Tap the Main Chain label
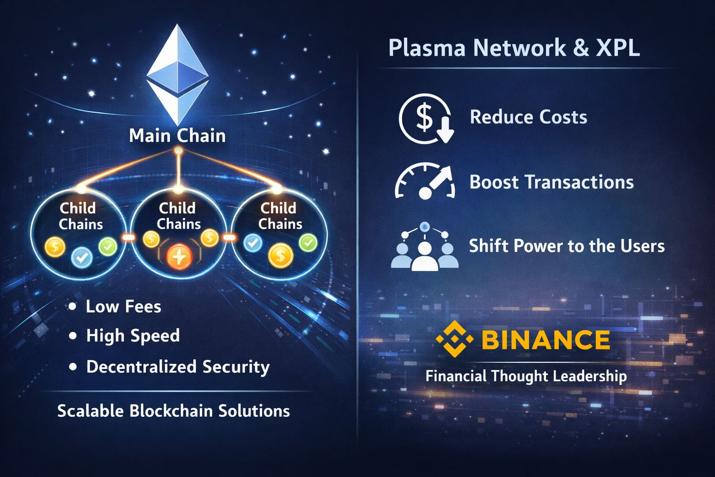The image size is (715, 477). pos(177,136)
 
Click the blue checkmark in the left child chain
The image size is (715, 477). pos(82,257)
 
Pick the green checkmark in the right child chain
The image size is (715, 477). pos(308,242)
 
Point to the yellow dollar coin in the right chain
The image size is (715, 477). pos(281,255)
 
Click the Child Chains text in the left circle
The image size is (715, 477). pos(80,216)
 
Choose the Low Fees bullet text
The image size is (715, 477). pos(123,307)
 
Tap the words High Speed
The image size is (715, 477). pos(133,336)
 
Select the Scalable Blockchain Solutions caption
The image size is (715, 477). pos(173,411)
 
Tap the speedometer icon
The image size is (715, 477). pos(425,182)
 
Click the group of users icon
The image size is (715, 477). pos(424,247)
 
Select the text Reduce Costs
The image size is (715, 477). pos(528,117)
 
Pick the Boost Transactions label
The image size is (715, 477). pos(552,182)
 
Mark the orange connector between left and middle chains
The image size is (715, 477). pos(128,238)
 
